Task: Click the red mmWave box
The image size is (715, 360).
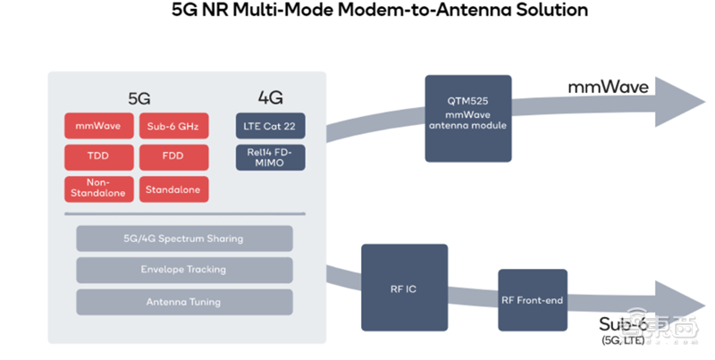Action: (98, 125)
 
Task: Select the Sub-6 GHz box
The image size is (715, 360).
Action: (173, 125)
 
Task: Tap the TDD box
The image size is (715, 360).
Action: (98, 157)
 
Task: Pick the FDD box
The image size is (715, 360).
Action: (173, 157)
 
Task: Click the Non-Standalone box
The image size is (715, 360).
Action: (98, 188)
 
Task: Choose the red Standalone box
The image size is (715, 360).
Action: (173, 188)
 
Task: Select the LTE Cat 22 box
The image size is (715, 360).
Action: (269, 126)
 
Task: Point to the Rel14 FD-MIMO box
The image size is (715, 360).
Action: (269, 157)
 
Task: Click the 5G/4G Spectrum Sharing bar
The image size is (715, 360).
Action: (184, 239)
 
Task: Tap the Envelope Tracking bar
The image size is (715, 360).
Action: (184, 270)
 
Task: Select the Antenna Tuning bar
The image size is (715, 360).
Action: (184, 302)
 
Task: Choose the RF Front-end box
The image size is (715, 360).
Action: (532, 300)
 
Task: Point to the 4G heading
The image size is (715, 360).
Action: (269, 96)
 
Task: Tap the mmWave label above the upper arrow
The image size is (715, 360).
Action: (608, 87)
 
